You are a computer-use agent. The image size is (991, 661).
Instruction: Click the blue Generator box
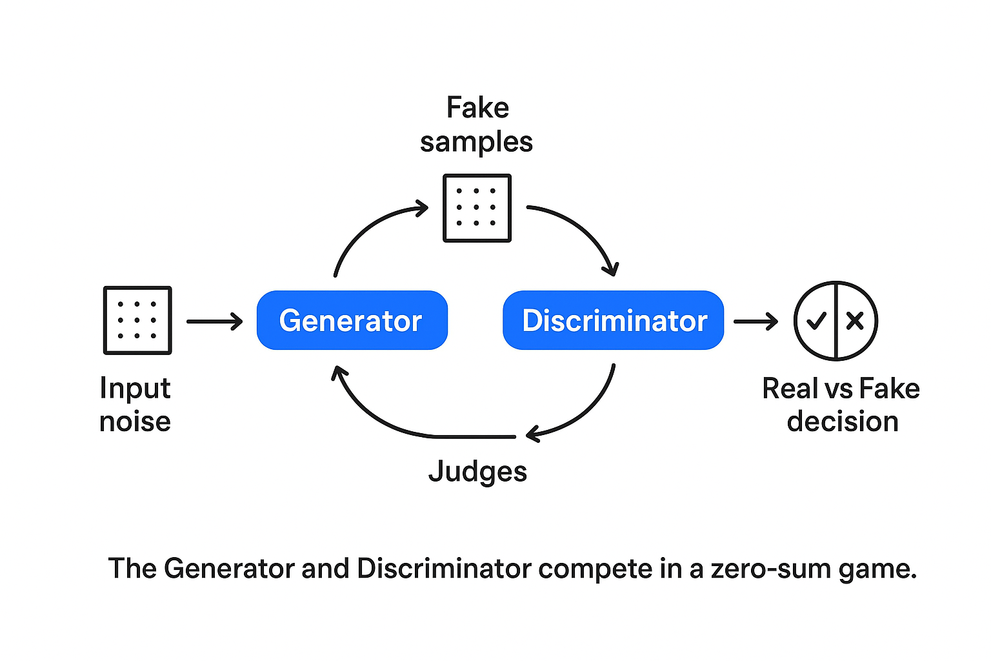pos(352,320)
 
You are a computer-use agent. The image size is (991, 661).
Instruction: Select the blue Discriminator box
pos(613,320)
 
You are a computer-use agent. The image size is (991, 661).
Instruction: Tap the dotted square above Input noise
pos(137,320)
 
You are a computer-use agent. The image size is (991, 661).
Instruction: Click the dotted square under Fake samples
pos(477,208)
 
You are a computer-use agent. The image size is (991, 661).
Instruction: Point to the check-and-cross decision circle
pos(836,320)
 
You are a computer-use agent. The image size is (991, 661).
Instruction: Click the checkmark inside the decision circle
pos(816,320)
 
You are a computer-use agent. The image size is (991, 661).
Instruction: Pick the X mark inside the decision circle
pos(855,320)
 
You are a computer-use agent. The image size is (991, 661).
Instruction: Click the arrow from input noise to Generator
pos(214,321)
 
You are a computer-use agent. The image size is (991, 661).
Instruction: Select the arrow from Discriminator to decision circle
pos(756,321)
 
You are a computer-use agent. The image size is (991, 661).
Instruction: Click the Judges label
pos(477,472)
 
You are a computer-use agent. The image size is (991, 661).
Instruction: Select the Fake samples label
pos(477,125)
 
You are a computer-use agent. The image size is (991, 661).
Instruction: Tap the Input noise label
pos(135,405)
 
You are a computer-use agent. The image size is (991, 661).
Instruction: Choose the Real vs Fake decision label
pos(841,405)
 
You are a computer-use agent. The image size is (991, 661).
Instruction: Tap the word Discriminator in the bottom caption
pos(445,569)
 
